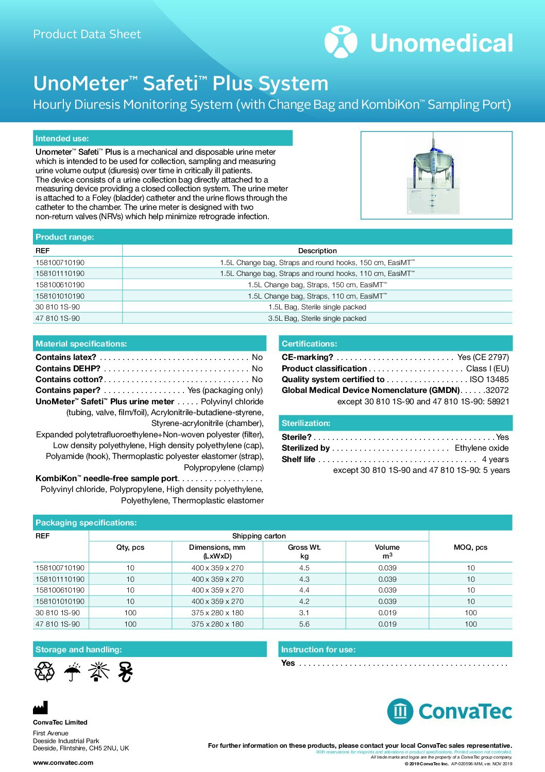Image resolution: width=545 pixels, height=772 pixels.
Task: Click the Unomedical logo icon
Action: pos(340,42)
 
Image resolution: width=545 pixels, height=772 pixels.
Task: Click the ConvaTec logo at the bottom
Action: pos(449,711)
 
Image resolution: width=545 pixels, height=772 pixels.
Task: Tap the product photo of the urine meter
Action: pos(436,175)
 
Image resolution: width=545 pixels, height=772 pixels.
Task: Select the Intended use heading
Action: pos(62,138)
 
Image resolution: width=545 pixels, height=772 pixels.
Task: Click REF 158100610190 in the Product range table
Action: pos(60,285)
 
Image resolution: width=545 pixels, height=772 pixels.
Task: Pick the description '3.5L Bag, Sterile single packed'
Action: pos(317,318)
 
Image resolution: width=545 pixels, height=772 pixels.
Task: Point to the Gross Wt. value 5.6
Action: pos(304,624)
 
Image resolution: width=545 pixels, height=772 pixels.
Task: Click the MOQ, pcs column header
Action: pos(470,547)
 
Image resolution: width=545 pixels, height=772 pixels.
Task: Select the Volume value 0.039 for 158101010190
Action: pos(387,601)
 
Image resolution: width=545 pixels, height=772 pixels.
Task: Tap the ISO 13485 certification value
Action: pos(489,379)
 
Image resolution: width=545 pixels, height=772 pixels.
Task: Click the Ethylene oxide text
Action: pos(481,448)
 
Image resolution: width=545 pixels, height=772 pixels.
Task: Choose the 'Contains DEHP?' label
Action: pos(68,368)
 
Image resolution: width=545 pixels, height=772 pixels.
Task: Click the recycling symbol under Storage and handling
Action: pos(44,672)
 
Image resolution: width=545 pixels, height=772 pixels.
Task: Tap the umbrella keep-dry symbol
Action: pos(72,672)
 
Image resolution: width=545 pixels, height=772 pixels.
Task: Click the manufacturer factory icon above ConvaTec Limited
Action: pos(40,708)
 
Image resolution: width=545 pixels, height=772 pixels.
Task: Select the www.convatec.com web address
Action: pos(63,762)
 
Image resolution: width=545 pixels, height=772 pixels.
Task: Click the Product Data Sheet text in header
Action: pos(87,35)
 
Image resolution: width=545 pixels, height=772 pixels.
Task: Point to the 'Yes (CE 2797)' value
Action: pos(483,357)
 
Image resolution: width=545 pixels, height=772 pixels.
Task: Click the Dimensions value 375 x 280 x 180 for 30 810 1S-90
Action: pos(217,613)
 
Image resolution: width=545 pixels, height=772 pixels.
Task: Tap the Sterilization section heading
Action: pos(306,423)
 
